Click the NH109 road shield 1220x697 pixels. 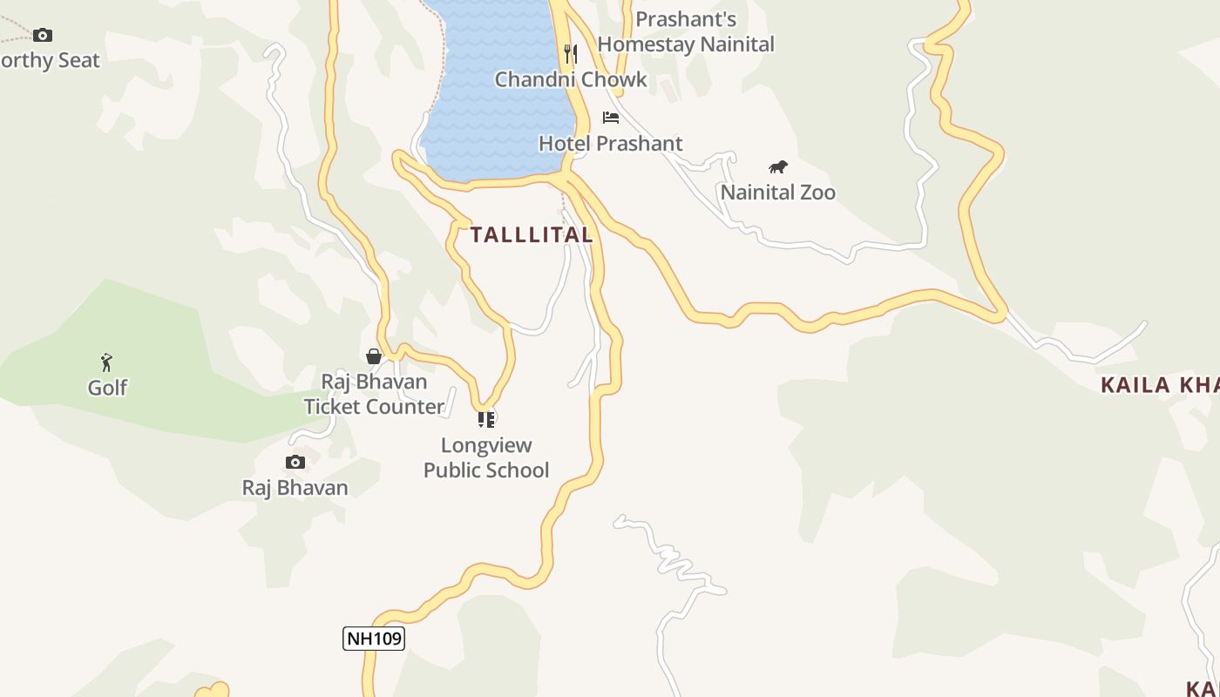tap(374, 639)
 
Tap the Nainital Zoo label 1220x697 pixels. tap(777, 193)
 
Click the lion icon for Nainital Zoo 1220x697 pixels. tap(778, 167)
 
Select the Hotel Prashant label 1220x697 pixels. tap(610, 143)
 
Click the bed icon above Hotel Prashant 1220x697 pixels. tap(611, 118)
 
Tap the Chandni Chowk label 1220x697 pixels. tap(571, 79)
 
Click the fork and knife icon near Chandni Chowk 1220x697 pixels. tap(571, 54)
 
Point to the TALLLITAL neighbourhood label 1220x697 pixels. tap(532, 234)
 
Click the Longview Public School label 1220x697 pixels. tap(486, 457)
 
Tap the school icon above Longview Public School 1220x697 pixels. tap(486, 420)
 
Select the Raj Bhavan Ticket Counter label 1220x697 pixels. tap(374, 394)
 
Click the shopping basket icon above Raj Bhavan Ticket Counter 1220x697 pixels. tap(374, 356)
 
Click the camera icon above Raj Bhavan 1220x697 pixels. tap(295, 463)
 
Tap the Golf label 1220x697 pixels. tap(107, 388)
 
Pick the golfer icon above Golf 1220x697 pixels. tap(106, 362)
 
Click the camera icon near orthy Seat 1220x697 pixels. tap(43, 36)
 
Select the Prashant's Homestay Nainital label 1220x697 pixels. tap(686, 31)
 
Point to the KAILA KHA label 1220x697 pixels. tap(1159, 385)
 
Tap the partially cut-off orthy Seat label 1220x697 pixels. tap(50, 60)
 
